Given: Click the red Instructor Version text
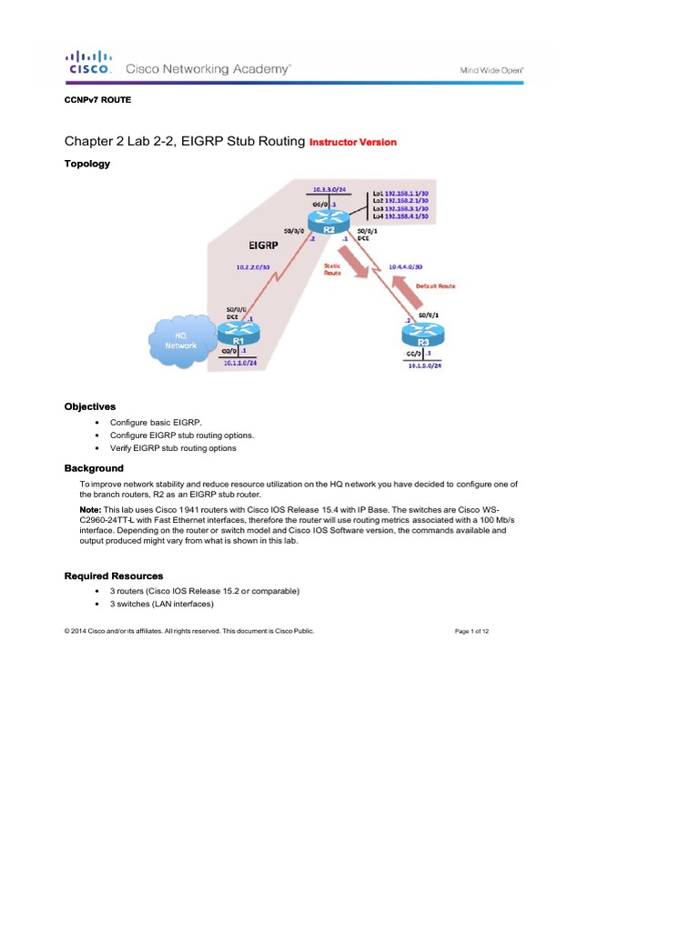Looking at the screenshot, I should coord(353,143).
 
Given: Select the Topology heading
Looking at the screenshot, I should coord(86,164).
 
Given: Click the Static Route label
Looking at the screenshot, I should coord(332,268).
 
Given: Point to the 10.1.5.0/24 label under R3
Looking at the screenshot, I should coord(423,365).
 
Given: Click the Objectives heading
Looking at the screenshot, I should coord(89,406).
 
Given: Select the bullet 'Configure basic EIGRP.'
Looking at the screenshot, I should coord(157,423).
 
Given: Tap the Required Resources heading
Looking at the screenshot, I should coord(114,576).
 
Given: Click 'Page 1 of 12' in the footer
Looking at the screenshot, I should coord(472,630).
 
